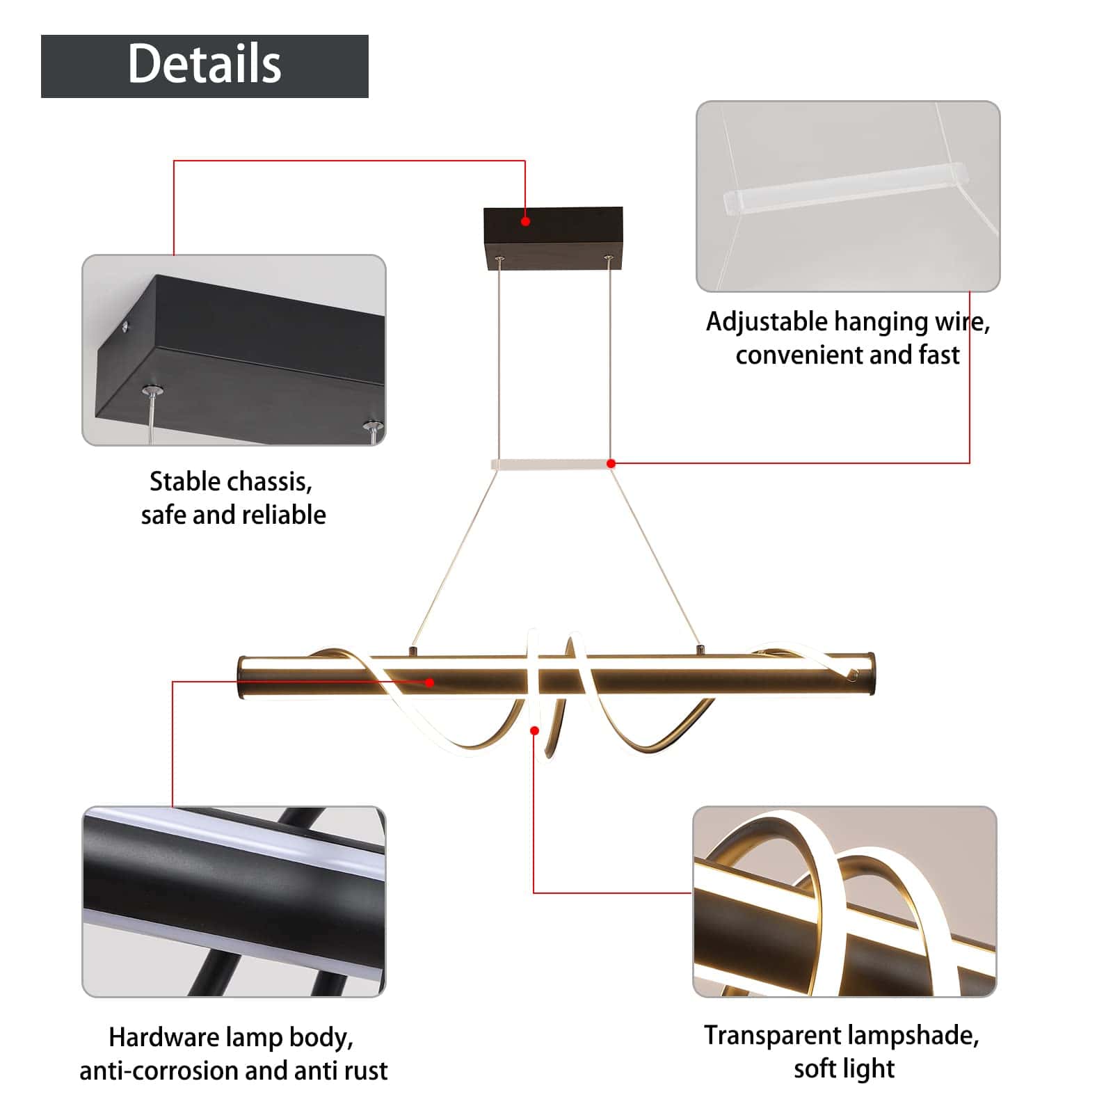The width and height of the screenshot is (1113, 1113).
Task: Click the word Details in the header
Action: pos(205,64)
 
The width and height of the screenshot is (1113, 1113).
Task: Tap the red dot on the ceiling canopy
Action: pos(526,221)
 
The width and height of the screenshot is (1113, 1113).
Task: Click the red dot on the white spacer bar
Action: pos(611,463)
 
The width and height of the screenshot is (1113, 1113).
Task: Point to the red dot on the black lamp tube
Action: pos(430,682)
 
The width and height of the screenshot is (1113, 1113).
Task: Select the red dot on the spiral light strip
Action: pos(534,730)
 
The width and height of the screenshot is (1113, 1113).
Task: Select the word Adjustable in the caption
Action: pos(767,322)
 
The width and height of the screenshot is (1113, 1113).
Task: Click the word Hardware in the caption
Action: pos(164,1037)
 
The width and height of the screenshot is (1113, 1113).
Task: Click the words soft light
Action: pos(844,1068)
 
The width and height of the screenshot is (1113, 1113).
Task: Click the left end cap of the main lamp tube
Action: pos(243,678)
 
